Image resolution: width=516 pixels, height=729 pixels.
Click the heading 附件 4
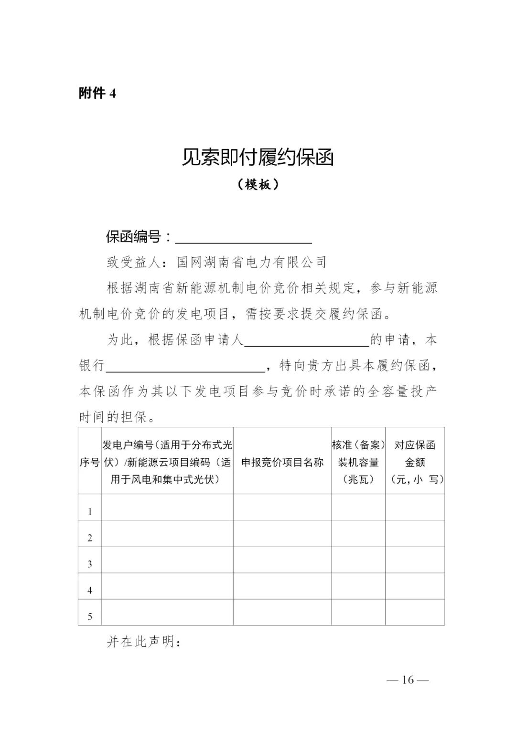point(97,93)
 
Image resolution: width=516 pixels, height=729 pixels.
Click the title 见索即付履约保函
point(258,158)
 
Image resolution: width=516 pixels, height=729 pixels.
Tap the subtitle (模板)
point(258,184)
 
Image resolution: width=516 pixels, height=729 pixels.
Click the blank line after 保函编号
point(244,237)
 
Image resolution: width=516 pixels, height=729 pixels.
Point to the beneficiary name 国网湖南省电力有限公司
point(252,262)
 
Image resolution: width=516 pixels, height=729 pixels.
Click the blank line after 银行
point(186,366)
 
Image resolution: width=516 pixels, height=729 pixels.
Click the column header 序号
point(90,462)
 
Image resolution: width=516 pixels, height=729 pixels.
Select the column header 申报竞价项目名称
point(282,462)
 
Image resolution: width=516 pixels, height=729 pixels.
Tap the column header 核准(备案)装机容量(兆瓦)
point(358,462)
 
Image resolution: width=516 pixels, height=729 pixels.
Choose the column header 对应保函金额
point(415,462)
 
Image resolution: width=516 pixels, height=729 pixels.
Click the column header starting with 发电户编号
point(167,462)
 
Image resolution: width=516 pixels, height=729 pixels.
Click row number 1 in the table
point(90,512)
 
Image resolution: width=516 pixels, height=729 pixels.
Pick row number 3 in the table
point(90,564)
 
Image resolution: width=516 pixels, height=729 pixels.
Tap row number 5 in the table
point(90,617)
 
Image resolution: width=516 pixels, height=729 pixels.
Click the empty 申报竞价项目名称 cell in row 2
point(282,533)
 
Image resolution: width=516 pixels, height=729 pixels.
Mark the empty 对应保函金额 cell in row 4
point(415,586)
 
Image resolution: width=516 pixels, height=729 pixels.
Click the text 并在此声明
point(143,642)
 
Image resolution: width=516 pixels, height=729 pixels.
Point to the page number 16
point(408,680)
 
